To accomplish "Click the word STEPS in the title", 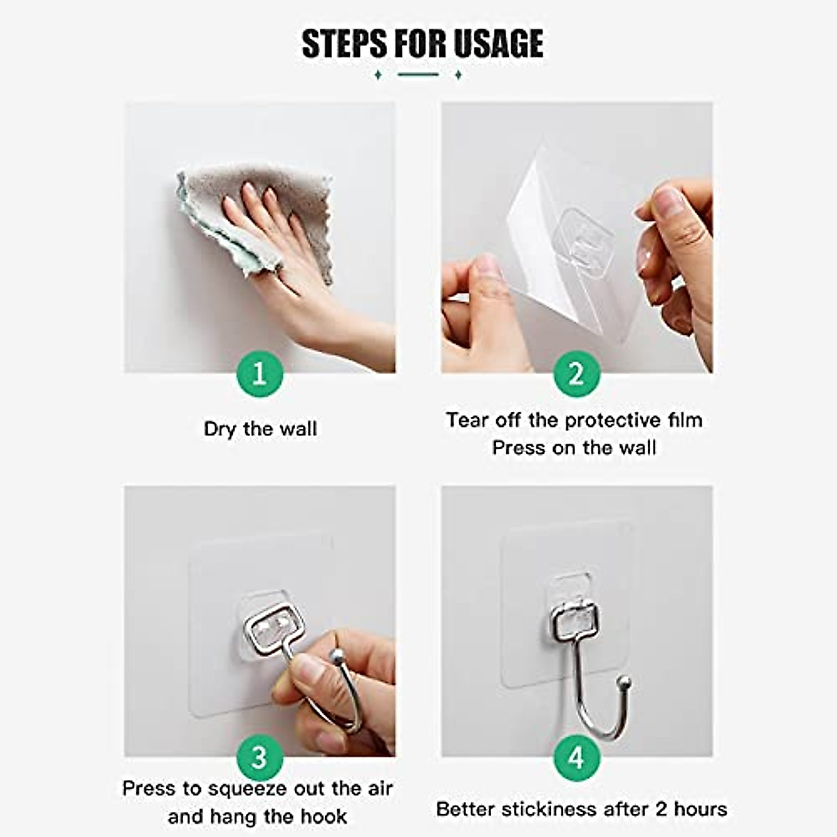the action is tap(344, 43).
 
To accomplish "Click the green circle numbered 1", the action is tap(259, 374).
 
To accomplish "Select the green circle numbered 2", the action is tap(576, 374).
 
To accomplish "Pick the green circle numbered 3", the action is tap(259, 758).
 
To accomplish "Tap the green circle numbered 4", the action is tap(576, 758).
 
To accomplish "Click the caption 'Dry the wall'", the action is tap(260, 429).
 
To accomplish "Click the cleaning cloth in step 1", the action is tap(254, 219).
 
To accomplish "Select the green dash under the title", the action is tap(418, 75).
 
